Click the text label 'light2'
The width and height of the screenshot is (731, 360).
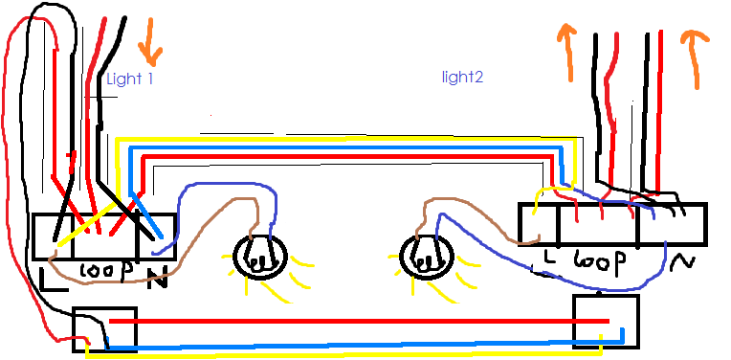coord(462,75)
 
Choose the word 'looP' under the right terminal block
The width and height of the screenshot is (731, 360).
coord(600,262)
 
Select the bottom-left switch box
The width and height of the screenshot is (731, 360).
coord(105,328)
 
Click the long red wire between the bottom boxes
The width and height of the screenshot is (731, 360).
coord(354,322)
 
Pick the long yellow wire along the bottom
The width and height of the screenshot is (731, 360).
coord(354,353)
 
